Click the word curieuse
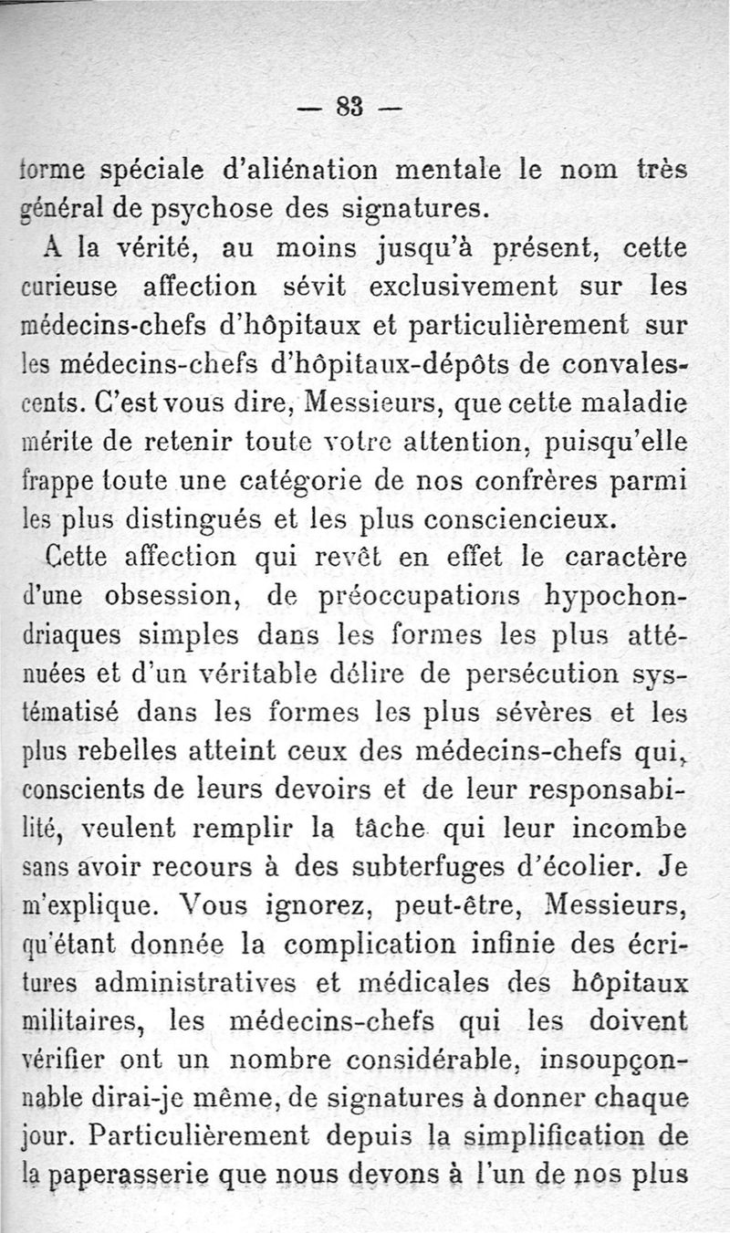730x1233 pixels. tap(64, 288)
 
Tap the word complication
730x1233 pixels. tap(322, 948)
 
